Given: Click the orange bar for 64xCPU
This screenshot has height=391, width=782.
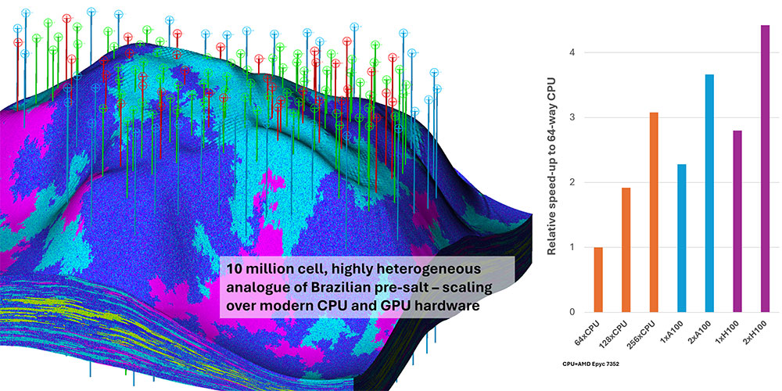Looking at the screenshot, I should click(599, 280).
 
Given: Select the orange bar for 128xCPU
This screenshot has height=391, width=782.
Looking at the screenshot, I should click(626, 250).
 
